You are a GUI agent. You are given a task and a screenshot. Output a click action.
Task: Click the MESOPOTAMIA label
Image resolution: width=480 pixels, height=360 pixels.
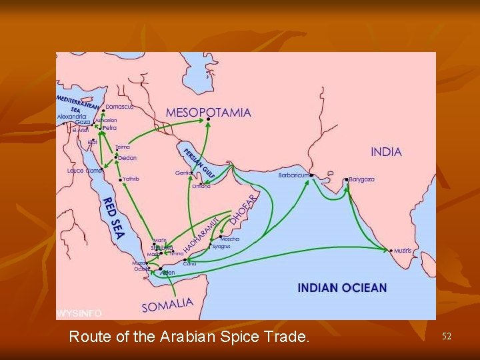click(208, 112)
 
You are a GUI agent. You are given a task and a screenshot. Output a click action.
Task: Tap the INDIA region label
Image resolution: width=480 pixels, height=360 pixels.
click(386, 152)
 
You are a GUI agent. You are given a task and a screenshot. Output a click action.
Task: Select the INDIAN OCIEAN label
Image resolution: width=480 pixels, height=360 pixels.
click(342, 288)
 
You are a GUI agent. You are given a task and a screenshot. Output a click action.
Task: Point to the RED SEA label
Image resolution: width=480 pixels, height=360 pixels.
click(112, 219)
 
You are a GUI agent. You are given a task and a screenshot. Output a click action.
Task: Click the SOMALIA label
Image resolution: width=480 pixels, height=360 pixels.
click(167, 305)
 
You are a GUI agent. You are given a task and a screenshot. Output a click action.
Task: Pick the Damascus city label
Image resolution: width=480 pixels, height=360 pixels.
click(119, 107)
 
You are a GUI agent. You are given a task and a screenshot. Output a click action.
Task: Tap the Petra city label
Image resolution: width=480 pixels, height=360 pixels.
click(109, 127)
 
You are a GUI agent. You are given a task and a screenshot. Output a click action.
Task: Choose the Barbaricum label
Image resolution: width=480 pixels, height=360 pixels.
click(293, 175)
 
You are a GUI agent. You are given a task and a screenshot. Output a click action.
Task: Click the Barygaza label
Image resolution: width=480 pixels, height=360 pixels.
click(361, 179)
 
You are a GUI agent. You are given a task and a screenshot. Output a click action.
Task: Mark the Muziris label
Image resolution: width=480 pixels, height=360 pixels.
click(403, 251)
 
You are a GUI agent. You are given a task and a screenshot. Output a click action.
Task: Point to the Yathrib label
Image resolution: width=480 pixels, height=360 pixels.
click(131, 179)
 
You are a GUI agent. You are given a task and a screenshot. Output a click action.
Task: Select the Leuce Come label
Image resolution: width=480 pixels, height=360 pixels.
click(84, 171)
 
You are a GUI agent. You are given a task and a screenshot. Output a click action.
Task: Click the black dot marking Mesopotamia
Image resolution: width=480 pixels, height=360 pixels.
click(209, 119)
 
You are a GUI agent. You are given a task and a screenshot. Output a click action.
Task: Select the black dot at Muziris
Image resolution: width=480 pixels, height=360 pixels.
click(390, 251)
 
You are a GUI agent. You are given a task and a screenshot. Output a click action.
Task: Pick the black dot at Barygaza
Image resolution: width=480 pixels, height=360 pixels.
click(347, 179)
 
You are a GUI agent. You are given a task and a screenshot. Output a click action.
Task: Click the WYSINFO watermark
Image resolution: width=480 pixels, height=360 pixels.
click(79, 313)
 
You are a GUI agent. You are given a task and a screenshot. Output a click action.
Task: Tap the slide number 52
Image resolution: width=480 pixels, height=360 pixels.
click(446, 337)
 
